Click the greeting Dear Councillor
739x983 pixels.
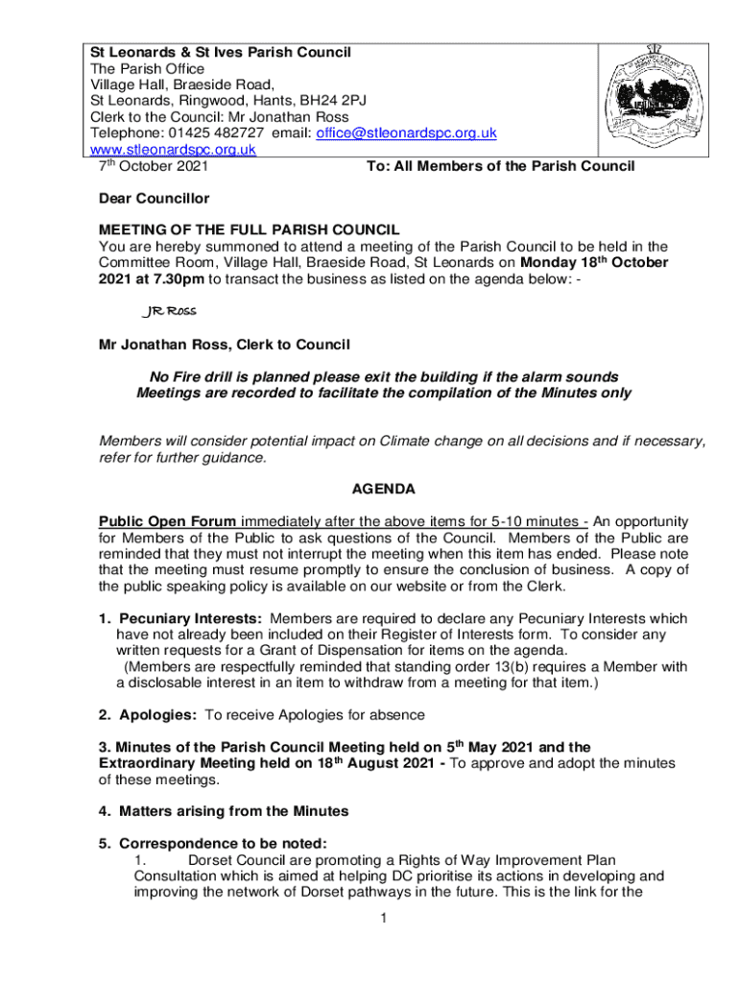pyautogui.click(x=155, y=199)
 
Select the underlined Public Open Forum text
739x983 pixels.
pyautogui.click(x=168, y=521)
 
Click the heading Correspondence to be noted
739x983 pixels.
pyautogui.click(x=222, y=843)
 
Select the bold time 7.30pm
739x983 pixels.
pyautogui.click(x=172, y=278)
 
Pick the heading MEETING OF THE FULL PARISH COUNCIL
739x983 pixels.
pyautogui.click(x=250, y=229)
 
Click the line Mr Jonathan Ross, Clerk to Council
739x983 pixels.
pyautogui.click(x=225, y=344)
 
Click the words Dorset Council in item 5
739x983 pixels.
pyautogui.click(x=236, y=859)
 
